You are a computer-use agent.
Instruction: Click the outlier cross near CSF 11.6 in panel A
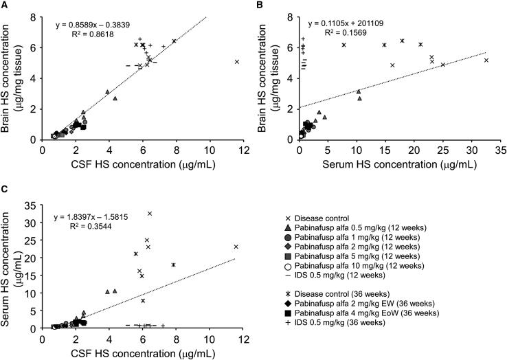pyautogui.click(x=237, y=62)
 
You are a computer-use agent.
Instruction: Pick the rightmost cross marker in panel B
pyautogui.click(x=486, y=60)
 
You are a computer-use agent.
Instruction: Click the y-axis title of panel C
pyautogui.click(x=9, y=266)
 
